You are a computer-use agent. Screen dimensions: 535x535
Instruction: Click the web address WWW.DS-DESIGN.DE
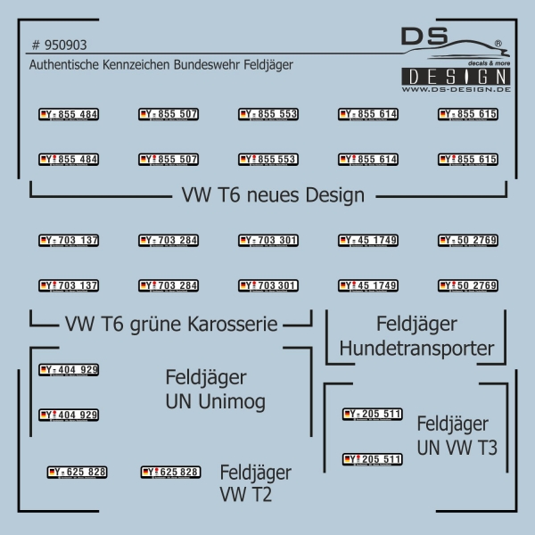tap(456, 90)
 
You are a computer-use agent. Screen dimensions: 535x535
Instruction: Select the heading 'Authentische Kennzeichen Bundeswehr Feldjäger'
tap(160, 65)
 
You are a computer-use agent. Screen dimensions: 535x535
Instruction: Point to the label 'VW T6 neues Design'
tap(273, 194)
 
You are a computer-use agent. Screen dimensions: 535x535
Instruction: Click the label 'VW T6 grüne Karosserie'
tap(172, 323)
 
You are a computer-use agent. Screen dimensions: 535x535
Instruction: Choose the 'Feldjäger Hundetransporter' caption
tap(416, 335)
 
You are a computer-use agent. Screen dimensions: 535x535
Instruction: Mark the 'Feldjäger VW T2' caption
tap(255, 482)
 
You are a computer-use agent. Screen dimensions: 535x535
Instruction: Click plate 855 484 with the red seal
tap(69, 160)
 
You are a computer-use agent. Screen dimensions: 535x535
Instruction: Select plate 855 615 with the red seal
tap(468, 160)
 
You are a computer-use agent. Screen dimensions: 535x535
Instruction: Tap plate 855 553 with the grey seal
tap(268, 114)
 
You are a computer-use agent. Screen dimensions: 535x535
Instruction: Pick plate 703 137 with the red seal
tap(69, 286)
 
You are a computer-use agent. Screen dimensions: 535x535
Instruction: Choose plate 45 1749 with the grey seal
tap(368, 241)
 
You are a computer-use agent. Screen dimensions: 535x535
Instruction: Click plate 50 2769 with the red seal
tap(468, 286)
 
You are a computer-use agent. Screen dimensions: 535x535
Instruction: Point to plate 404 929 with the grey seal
tap(69, 370)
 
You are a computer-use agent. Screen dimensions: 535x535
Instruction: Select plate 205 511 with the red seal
tap(373, 459)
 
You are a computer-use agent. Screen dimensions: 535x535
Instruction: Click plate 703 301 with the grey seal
tap(268, 241)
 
